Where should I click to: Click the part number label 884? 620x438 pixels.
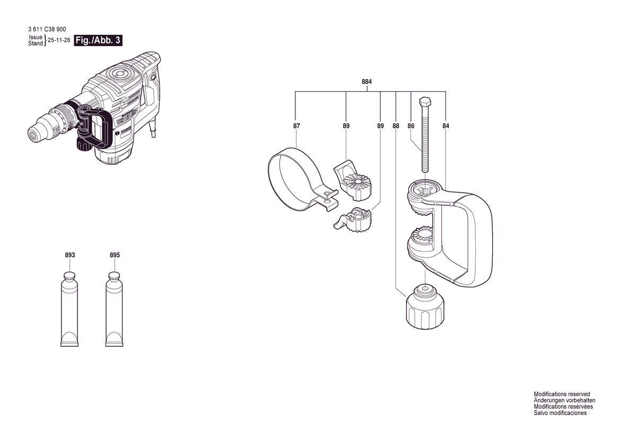pos(367,82)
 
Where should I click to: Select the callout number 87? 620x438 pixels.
pos(296,126)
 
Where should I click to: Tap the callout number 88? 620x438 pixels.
pos(396,126)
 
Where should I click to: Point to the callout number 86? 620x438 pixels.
pos(411,126)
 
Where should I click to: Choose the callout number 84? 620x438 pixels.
pos(446,126)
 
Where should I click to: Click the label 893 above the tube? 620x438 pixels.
pos(70,256)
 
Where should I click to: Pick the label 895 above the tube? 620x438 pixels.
pos(115,256)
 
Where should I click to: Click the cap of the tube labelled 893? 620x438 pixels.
pos(69,276)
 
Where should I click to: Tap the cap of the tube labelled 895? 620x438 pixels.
pos(114,276)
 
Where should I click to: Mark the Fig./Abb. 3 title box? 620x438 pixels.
pos(98,40)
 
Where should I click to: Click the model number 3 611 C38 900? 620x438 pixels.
pos(47,29)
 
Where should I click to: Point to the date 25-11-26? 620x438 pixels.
pos(59,40)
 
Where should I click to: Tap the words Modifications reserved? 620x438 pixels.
pos(562,394)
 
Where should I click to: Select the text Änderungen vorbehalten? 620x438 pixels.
pos(565,400)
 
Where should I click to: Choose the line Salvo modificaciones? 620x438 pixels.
pos(560,413)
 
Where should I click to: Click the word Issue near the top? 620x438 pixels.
pos(36,37)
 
